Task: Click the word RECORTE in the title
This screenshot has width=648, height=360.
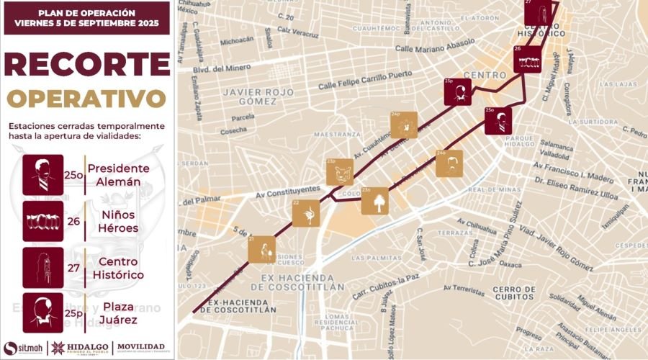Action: pyautogui.click(x=86, y=65)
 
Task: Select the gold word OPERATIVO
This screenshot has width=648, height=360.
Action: pyautogui.click(x=86, y=96)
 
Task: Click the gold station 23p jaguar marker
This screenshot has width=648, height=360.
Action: pyautogui.click(x=339, y=172)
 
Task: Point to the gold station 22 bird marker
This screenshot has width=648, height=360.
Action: pyautogui.click(x=306, y=213)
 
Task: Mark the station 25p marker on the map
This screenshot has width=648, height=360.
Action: pyautogui.click(x=458, y=91)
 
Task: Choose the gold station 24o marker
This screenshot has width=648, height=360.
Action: pyautogui.click(x=449, y=163)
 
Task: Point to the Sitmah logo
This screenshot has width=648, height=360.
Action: pyautogui.click(x=22, y=347)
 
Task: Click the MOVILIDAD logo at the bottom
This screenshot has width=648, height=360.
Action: pyautogui.click(x=141, y=347)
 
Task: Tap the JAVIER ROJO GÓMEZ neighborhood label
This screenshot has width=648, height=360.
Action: pyautogui.click(x=258, y=96)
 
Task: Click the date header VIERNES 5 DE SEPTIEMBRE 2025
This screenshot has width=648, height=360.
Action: pyautogui.click(x=86, y=23)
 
